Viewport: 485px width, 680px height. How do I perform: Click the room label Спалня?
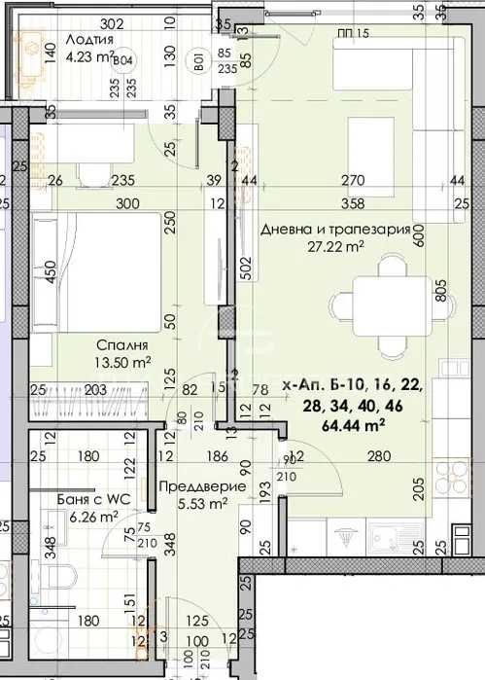(x=122, y=345)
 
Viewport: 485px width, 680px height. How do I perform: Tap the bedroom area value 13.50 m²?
(x=122, y=363)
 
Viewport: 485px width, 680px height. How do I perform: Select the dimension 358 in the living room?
(x=353, y=204)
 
